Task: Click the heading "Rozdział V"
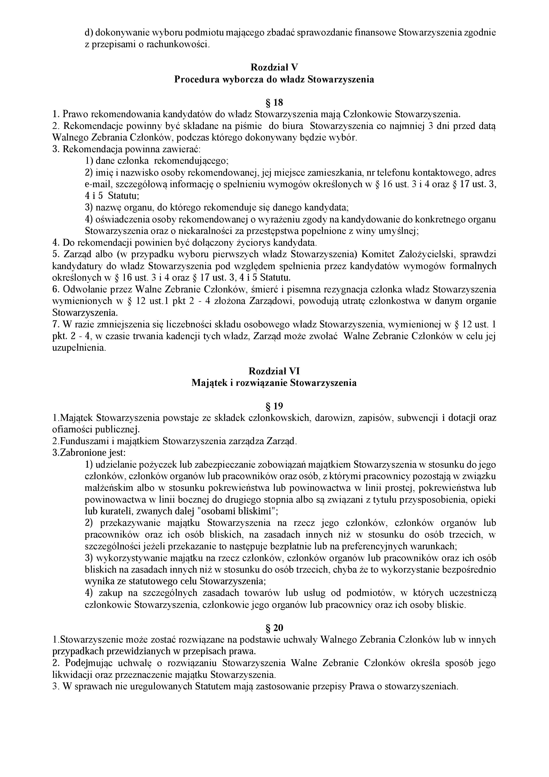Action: click(x=274, y=68)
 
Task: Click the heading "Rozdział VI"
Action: click(x=274, y=371)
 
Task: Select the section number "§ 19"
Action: click(x=274, y=406)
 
